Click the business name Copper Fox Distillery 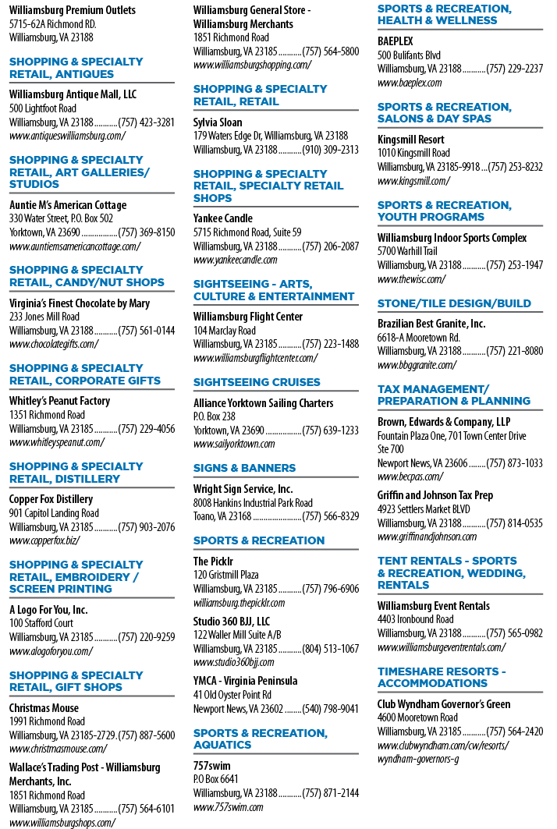(51, 499)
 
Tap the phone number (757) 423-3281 (147, 122)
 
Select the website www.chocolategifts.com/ (54, 344)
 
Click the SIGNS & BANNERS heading (244, 468)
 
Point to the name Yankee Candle (222, 218)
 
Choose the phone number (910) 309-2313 (331, 150)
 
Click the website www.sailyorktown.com (234, 444)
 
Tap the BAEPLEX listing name (396, 41)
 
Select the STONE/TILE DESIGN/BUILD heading (454, 303)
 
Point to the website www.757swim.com (228, 807)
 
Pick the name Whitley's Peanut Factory (60, 401)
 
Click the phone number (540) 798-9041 (331, 709)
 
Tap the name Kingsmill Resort (411, 140)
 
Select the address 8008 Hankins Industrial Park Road (253, 503)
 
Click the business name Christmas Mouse (44, 708)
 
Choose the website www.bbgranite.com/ (417, 365)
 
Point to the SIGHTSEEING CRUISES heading (257, 382)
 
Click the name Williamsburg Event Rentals (434, 606)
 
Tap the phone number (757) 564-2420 (515, 732)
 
